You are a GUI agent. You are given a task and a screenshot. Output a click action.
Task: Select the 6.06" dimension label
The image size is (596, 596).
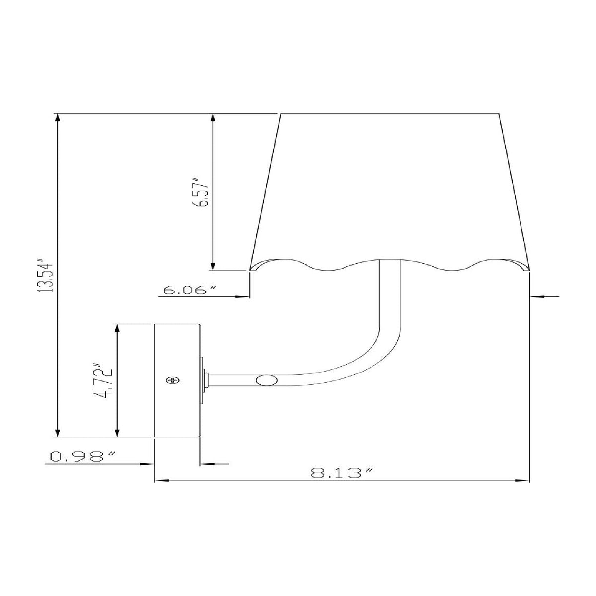[x=189, y=290]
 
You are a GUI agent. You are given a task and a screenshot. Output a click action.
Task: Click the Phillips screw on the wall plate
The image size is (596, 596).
[x=173, y=380]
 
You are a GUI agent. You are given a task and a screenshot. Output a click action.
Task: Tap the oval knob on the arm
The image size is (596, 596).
[x=267, y=380]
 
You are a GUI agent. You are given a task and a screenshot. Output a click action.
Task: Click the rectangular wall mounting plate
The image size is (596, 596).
[x=177, y=380]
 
